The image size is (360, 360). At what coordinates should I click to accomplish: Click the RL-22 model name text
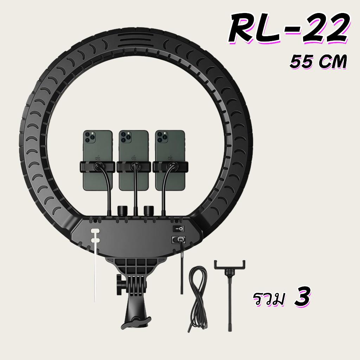(289, 28)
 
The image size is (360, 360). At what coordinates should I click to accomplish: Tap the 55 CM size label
(318, 62)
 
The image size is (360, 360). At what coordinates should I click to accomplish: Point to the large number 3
(302, 296)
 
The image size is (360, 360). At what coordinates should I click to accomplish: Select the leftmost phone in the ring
(98, 160)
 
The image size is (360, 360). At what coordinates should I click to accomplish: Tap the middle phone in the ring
(134, 160)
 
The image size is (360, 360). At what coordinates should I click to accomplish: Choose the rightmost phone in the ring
(170, 160)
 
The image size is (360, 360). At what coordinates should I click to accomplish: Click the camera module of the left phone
(90, 137)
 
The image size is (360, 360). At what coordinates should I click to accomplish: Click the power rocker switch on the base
(178, 229)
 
